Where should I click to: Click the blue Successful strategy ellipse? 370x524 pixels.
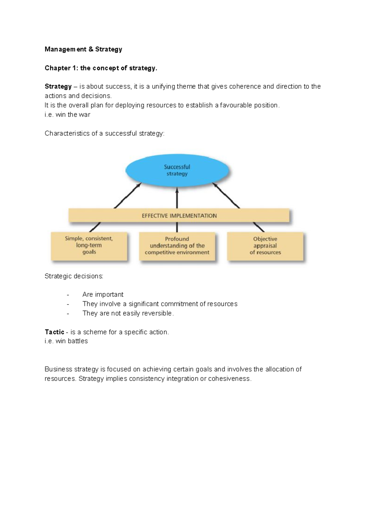click(177, 170)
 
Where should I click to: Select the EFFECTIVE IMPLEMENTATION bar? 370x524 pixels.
click(179, 216)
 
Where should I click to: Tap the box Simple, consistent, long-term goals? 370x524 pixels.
click(89, 246)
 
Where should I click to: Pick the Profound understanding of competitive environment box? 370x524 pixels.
click(177, 246)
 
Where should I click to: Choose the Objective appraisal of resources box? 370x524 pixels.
click(265, 246)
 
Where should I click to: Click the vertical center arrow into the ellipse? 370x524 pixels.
click(177, 198)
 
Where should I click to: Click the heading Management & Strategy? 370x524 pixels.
click(83, 49)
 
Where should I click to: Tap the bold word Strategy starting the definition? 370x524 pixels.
click(58, 86)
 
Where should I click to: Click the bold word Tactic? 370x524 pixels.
click(54, 332)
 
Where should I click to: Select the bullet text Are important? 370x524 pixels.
click(103, 295)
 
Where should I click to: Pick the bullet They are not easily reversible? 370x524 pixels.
click(128, 313)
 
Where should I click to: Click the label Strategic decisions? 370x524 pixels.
click(74, 276)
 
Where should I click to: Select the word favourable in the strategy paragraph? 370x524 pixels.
click(236, 105)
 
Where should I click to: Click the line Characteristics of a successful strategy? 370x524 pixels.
click(105, 133)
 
